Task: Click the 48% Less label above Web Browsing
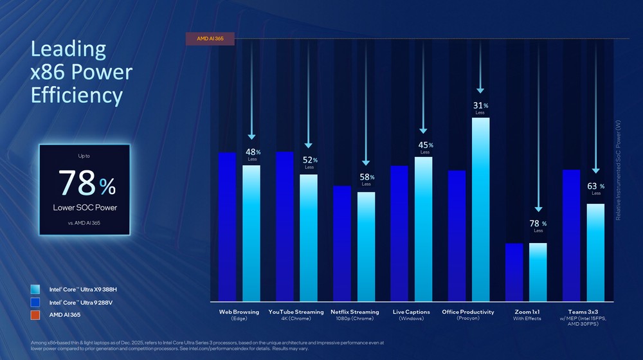pos(253,154)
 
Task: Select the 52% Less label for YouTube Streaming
pos(309,162)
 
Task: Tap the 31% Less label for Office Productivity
pos(480,107)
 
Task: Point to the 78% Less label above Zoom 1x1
pos(538,226)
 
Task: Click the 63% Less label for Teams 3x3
pos(595,188)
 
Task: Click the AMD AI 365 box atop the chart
pos(210,39)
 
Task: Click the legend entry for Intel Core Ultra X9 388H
pos(83,289)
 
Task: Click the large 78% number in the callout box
pos(86,185)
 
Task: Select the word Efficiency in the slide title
pos(77,95)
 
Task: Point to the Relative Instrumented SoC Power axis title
pos(619,170)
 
